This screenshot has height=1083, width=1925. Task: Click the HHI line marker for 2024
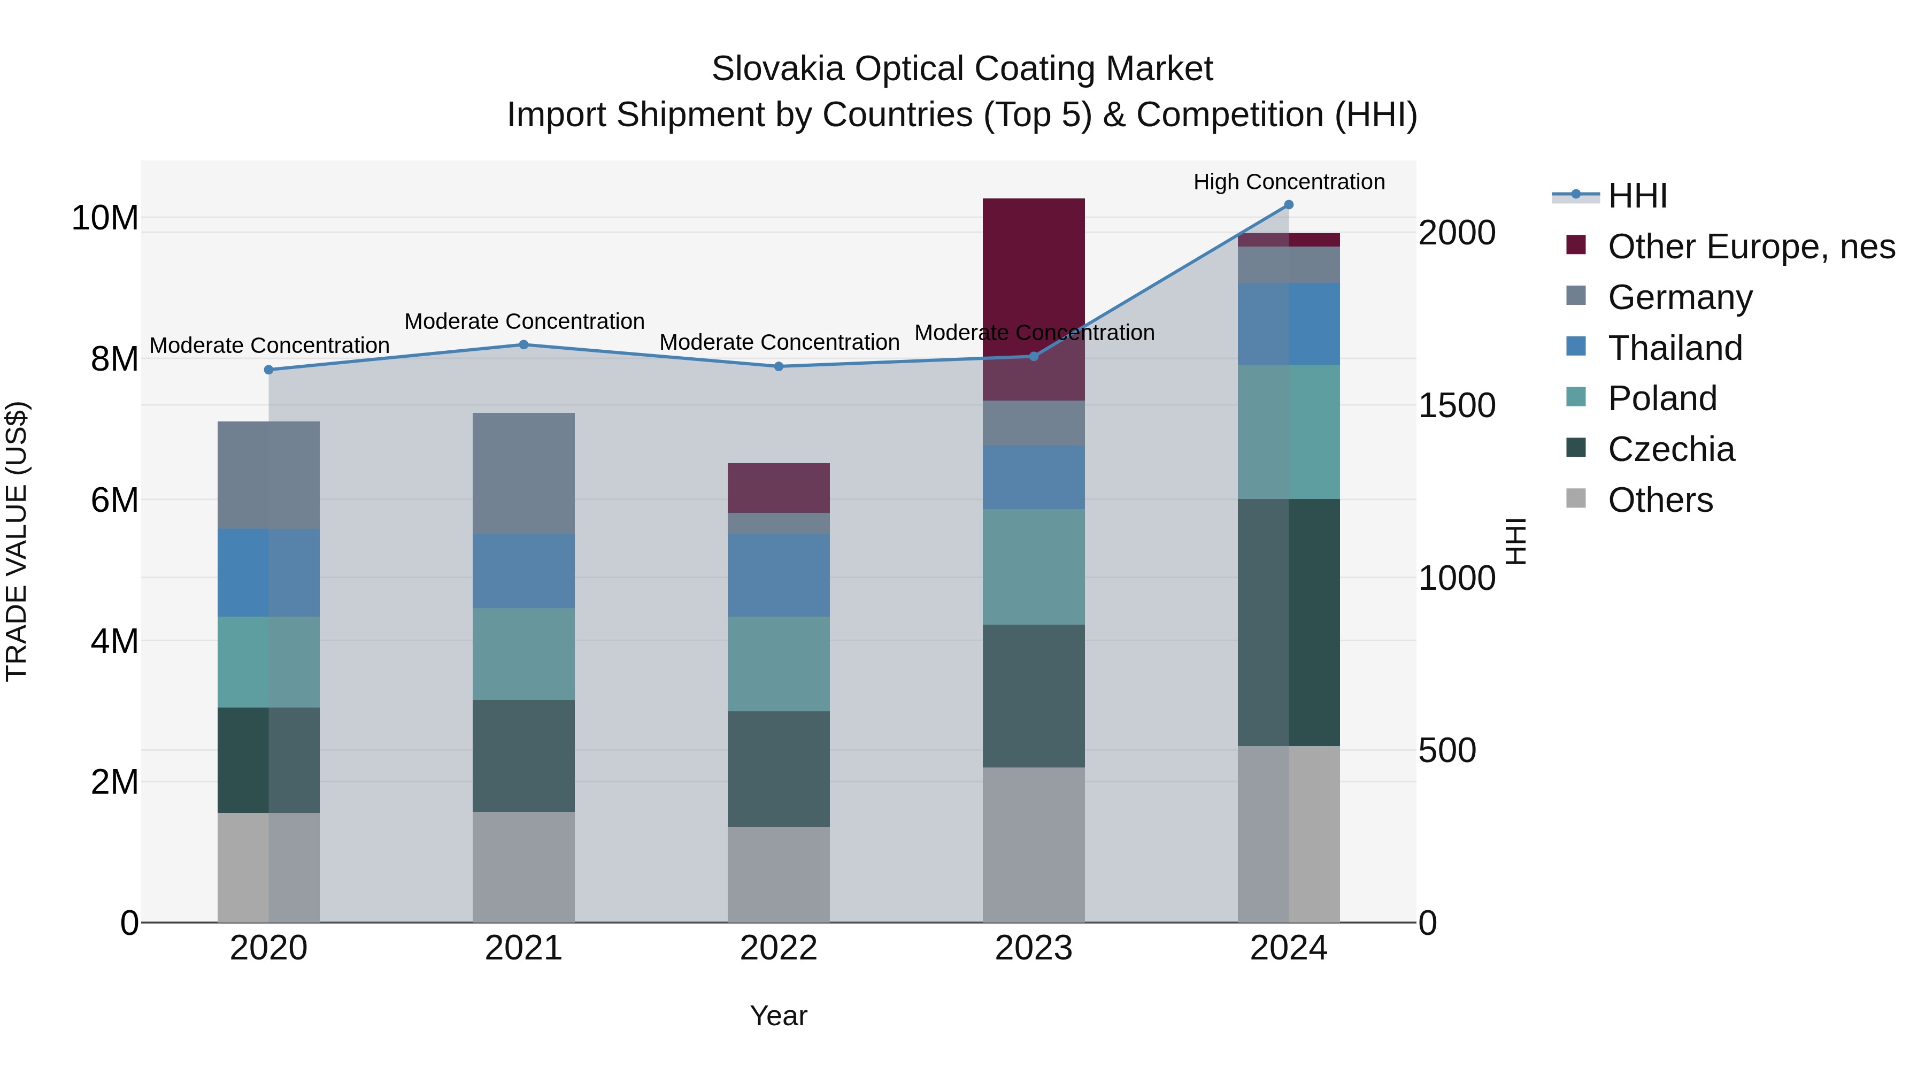coord(1288,205)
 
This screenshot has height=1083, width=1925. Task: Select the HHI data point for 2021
coord(524,344)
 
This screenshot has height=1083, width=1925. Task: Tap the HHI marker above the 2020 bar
coord(269,370)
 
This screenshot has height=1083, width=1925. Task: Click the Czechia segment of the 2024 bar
coord(1288,622)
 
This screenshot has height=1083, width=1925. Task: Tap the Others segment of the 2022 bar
coord(779,874)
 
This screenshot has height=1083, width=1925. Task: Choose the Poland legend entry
coord(1662,398)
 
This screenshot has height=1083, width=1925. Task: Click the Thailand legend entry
coord(1675,348)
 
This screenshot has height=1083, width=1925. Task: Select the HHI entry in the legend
coord(1637,196)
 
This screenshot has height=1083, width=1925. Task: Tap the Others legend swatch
coord(1575,498)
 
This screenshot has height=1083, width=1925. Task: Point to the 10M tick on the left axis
coord(105,218)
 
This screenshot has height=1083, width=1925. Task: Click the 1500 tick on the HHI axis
coord(1457,406)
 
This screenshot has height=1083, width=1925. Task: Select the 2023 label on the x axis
coord(1034,948)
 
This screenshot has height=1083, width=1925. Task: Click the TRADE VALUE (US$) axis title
coord(17,541)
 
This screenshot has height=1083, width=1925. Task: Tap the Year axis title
coord(779,1016)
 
